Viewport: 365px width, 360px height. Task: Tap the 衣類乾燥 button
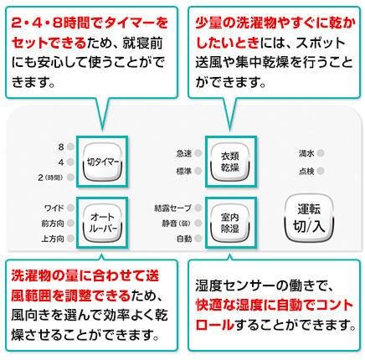point(230,162)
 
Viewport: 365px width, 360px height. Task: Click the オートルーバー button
point(102,223)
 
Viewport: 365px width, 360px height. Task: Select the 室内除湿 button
point(230,223)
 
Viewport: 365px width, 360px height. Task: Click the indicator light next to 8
point(70,147)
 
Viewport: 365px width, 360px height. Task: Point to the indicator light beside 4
point(70,162)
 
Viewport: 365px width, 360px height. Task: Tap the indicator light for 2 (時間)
point(70,177)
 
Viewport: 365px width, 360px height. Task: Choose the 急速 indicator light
point(198,153)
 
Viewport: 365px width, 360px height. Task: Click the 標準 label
point(184,171)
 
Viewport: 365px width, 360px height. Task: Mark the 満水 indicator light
point(321,153)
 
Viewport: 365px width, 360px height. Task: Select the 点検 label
point(306,171)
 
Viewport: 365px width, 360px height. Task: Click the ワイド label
point(54,208)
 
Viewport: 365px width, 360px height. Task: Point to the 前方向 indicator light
point(70,223)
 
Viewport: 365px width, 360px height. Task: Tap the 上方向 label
point(53,239)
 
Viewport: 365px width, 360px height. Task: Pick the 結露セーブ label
point(172,208)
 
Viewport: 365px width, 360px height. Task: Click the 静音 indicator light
point(198,223)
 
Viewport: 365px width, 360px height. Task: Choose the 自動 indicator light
point(198,239)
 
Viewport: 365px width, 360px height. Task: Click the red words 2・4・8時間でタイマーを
point(90,23)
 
